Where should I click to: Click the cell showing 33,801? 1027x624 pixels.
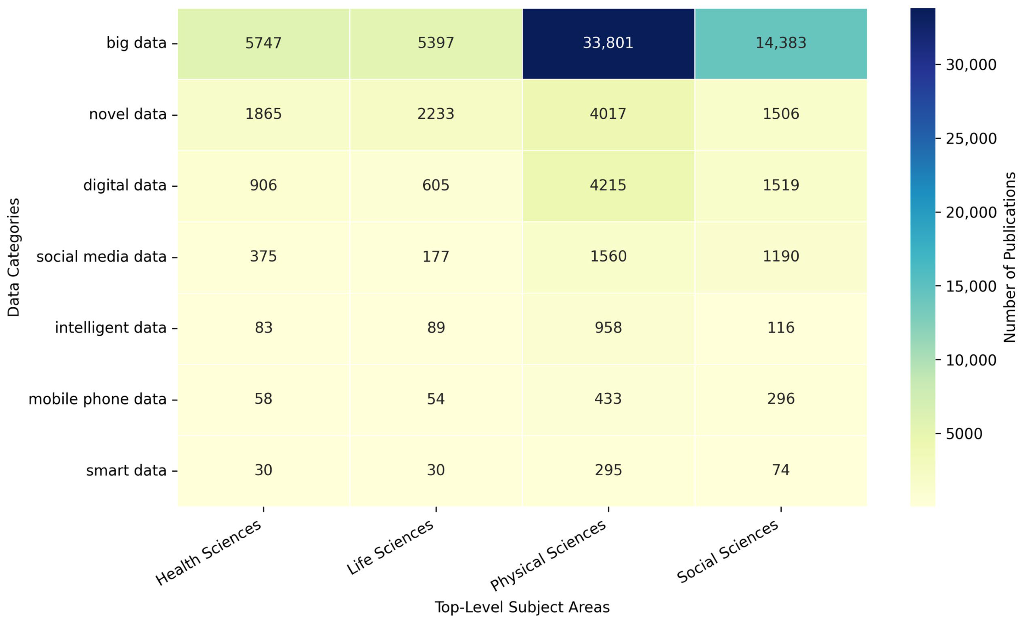608,43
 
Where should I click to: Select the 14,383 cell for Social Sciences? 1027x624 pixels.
781,43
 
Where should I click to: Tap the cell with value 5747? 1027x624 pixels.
264,43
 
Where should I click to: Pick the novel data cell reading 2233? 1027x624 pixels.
436,114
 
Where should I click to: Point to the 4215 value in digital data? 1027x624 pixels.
608,185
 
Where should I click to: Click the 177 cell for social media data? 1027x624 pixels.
436,256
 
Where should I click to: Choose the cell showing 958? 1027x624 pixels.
608,328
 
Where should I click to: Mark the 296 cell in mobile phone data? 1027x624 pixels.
781,399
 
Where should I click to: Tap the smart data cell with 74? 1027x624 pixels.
781,470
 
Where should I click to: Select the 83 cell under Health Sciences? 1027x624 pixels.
264,328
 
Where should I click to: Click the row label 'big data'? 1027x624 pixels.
136,43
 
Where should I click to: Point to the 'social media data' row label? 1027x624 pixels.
101,256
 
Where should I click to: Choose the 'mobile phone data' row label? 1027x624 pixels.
97,399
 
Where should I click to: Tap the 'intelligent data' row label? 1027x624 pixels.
111,328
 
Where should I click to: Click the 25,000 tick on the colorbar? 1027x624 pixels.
971,138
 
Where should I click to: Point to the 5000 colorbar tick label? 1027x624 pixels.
964,433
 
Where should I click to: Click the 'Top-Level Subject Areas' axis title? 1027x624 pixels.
522,607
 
